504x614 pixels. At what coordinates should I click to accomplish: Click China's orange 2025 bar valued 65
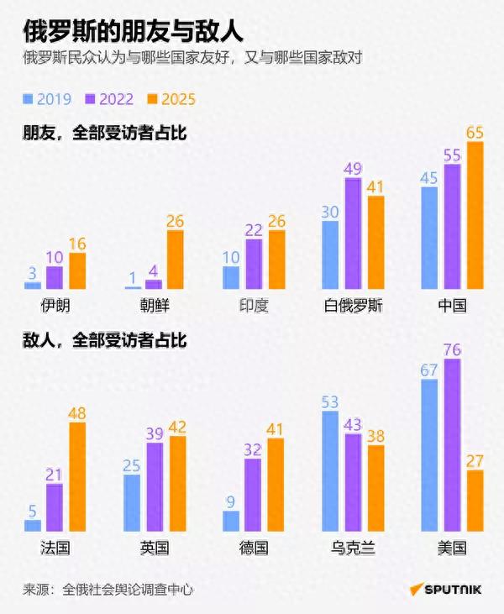pos(475,216)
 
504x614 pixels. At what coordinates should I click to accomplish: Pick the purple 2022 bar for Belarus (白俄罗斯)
pos(353,234)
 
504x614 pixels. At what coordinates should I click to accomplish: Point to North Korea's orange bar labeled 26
pos(176,260)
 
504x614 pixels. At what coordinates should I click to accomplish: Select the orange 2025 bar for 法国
pos(77,477)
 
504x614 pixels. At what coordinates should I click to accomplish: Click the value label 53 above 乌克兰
pos(330,401)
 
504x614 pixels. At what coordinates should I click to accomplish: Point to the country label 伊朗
pos(55,306)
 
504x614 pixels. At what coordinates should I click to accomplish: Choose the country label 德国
pos(253,548)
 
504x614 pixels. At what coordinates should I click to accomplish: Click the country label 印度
pos(253,306)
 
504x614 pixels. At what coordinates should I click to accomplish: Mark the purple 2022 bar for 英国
pos(155,487)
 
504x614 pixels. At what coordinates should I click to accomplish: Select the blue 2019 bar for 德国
pos(231,521)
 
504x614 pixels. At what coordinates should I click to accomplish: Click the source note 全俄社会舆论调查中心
pos(129,590)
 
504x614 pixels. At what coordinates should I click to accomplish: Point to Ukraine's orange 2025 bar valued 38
pos(375,488)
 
